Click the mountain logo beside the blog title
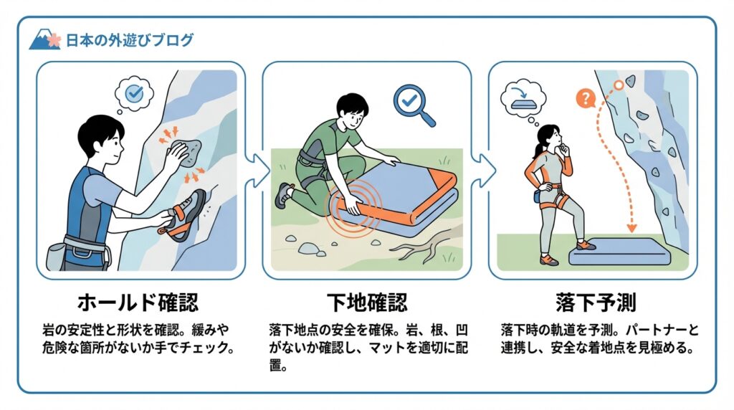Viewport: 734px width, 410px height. pos(44,39)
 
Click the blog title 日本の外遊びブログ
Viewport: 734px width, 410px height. pos(129,40)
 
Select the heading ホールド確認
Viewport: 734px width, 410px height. pos(138,302)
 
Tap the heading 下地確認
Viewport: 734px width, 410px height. pos(367,302)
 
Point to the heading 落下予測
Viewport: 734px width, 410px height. pos(596,302)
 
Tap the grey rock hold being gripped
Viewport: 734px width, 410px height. pos(186,153)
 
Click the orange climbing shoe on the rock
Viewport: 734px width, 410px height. pos(183,216)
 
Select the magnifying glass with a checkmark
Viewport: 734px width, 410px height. pos(414,105)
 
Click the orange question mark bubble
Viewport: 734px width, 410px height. pos(585,99)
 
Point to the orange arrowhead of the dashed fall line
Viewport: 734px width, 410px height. pos(631,228)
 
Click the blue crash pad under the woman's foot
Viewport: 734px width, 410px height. pos(619,252)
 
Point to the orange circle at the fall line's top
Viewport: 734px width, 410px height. pos(619,85)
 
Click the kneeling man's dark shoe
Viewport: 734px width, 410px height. pos(283,195)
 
